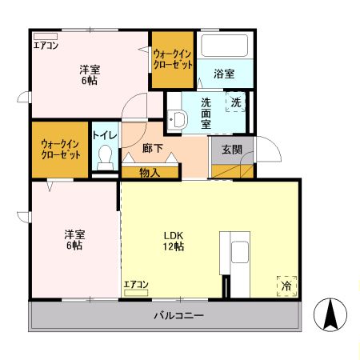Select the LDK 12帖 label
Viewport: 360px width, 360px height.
point(174,241)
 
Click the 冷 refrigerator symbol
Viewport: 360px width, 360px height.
point(286,285)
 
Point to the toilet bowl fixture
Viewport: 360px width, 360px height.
point(103,158)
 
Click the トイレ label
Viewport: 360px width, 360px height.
point(103,135)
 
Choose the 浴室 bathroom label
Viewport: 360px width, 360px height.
point(224,74)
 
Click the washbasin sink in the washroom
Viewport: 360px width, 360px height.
point(178,121)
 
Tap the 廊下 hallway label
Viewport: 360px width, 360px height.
point(153,148)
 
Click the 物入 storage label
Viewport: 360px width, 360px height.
point(150,171)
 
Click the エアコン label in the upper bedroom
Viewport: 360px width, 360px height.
point(46,45)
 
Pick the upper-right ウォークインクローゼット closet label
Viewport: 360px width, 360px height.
point(173,58)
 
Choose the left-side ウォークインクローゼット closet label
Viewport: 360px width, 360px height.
point(62,149)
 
